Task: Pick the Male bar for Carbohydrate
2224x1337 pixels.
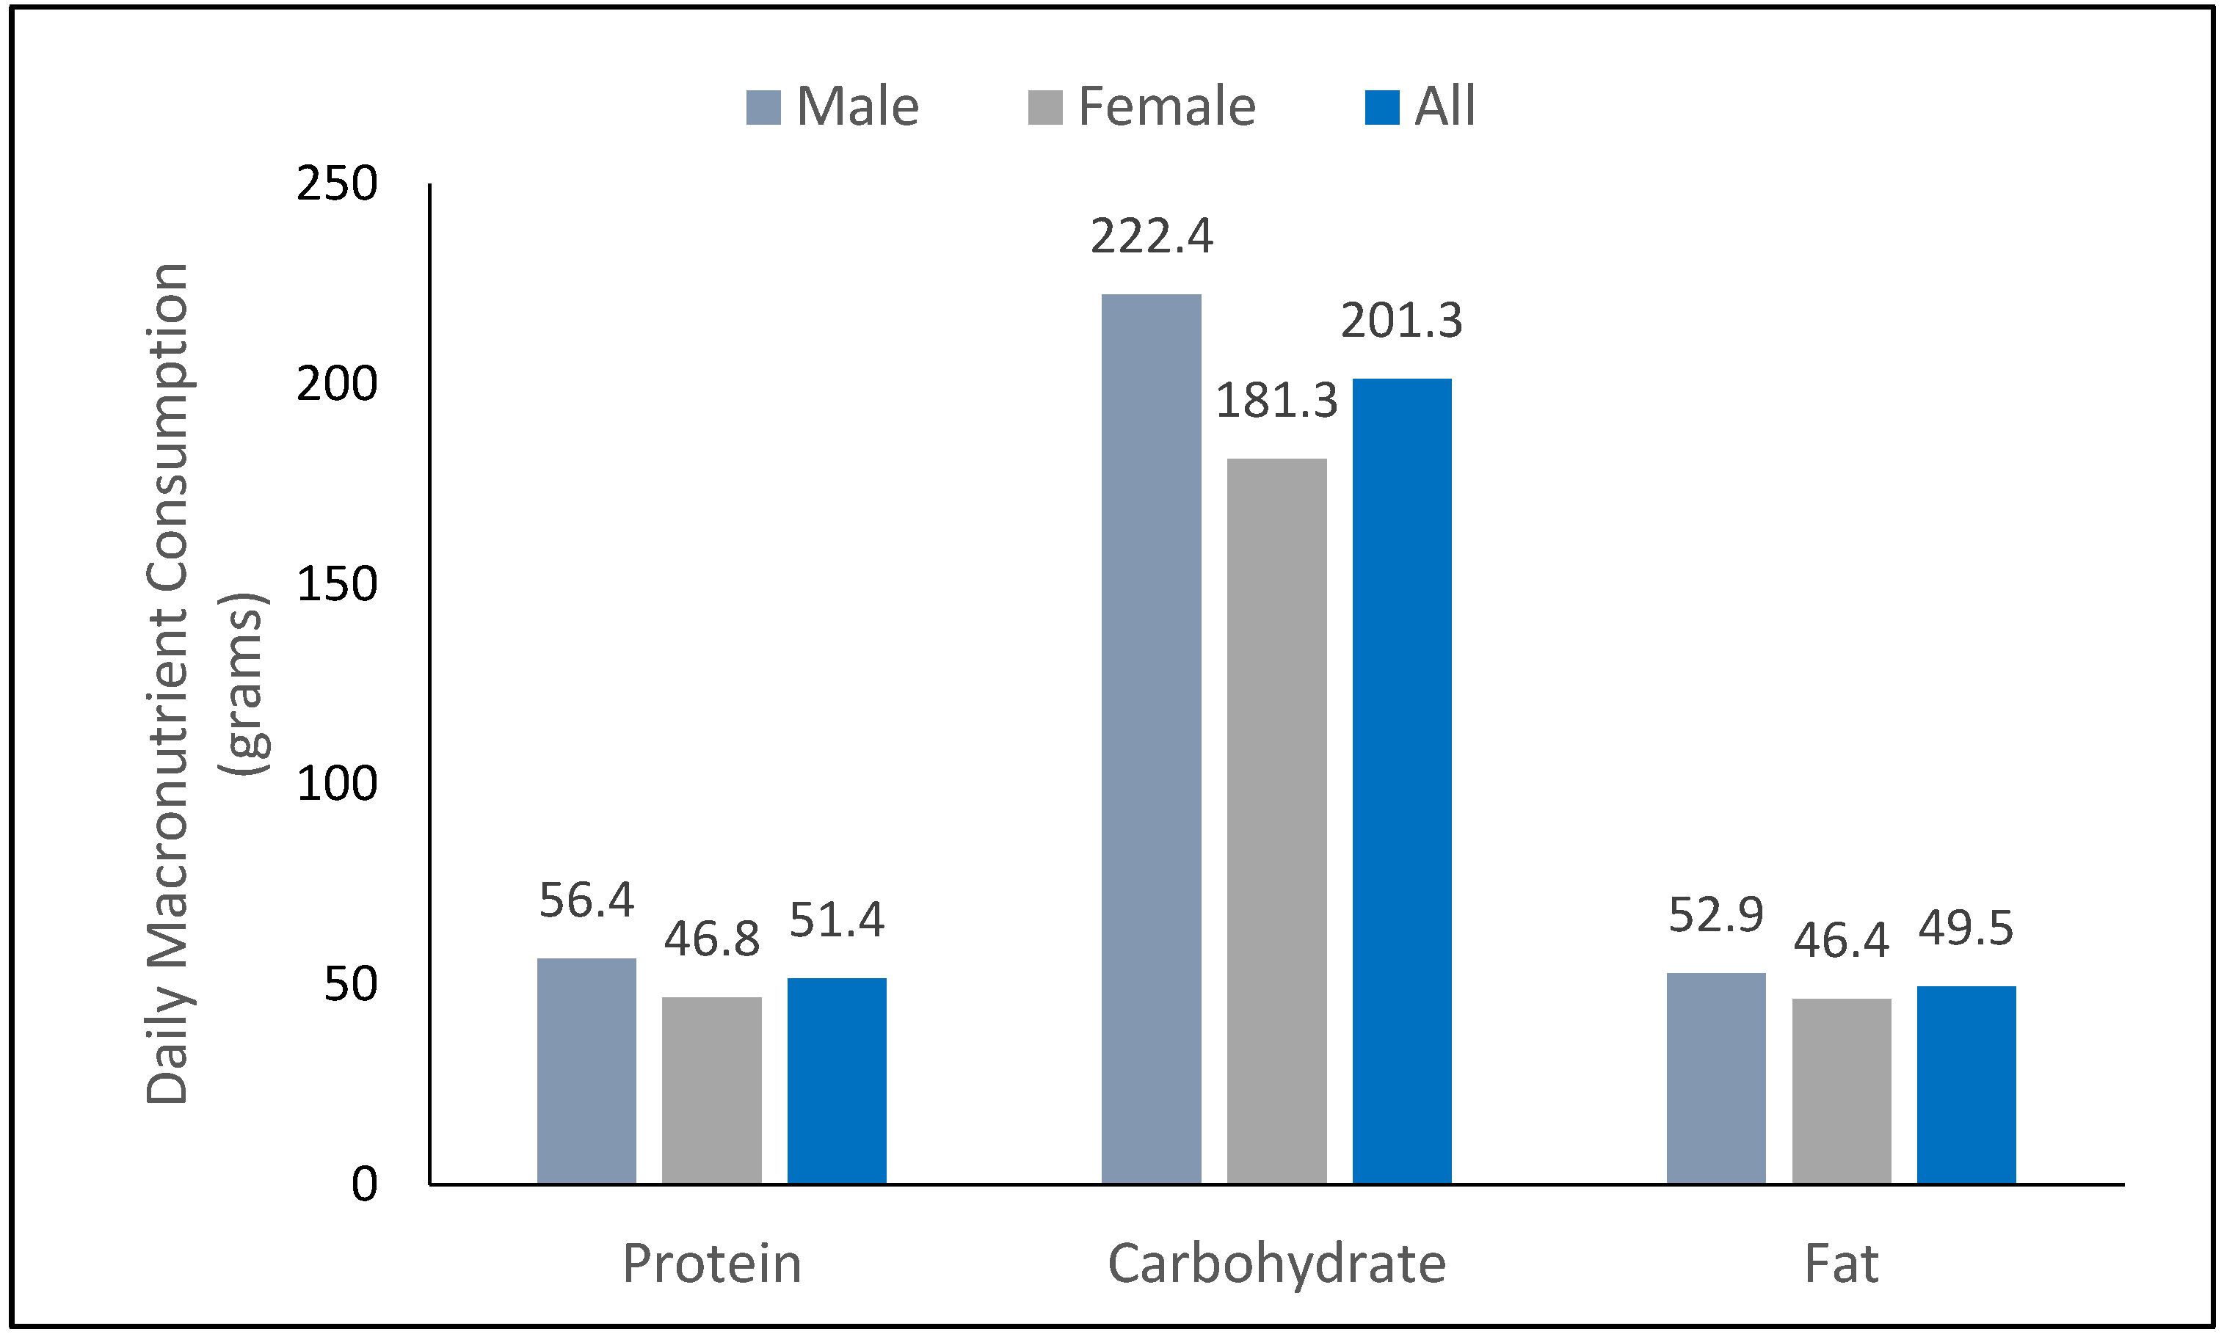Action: point(1151,739)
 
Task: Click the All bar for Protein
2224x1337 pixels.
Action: point(836,1080)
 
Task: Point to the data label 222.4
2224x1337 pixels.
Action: point(1151,237)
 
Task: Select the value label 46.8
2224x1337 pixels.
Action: point(712,940)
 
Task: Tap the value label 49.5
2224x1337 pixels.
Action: point(1966,929)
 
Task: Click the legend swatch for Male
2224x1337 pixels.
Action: point(763,107)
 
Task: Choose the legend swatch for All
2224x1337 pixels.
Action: point(1381,107)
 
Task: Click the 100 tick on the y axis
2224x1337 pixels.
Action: point(336,784)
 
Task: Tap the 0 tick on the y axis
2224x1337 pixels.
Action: point(364,1184)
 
